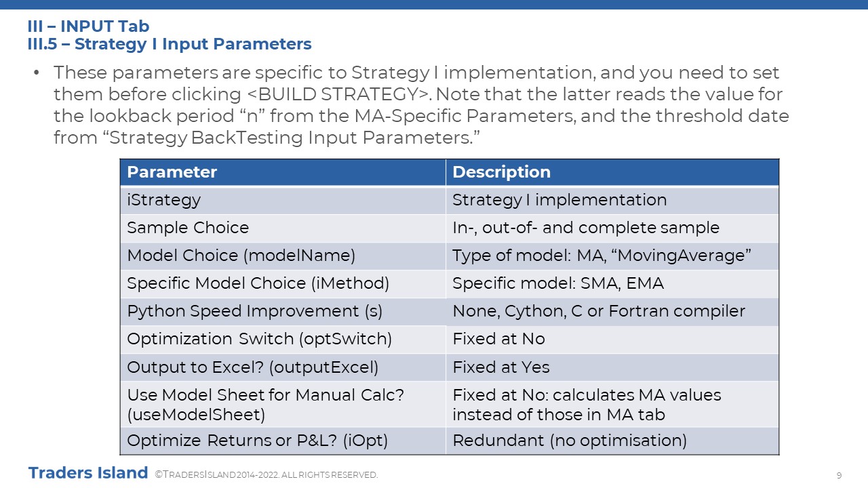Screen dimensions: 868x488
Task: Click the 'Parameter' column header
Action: click(x=283, y=172)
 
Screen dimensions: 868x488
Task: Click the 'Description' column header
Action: click(x=612, y=172)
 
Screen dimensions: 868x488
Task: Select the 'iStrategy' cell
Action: click(x=283, y=200)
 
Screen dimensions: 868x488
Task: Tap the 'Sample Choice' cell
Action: click(x=283, y=228)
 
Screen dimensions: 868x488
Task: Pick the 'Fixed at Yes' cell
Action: click(x=612, y=367)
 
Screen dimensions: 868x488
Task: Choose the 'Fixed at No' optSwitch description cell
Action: click(x=612, y=340)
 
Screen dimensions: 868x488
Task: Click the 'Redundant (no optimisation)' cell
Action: click(x=612, y=441)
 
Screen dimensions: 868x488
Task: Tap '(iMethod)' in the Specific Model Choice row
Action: click(x=351, y=283)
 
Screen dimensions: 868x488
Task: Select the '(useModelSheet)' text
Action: click(x=196, y=415)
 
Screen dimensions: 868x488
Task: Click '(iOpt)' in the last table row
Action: click(x=365, y=441)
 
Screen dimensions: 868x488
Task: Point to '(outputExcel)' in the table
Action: click(x=323, y=367)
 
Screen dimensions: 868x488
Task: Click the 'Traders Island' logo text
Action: click(x=88, y=473)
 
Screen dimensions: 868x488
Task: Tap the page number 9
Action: click(x=839, y=475)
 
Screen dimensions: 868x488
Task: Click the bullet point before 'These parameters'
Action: click(x=37, y=73)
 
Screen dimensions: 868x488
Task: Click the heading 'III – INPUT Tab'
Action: click(x=88, y=26)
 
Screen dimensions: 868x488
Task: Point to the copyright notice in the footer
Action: click(x=267, y=475)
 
